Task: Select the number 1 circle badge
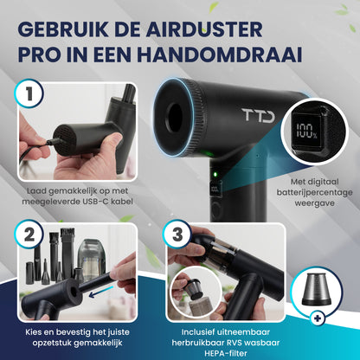point(30,94)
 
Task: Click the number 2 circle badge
point(30,234)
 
